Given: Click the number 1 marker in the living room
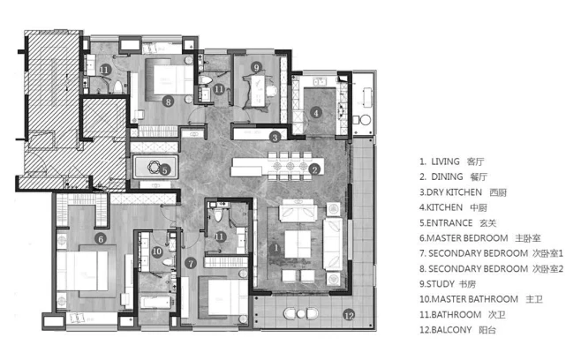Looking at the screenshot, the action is (x=275, y=248).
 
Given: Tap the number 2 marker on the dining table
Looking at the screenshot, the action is (x=314, y=169).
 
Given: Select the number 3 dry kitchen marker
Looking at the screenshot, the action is (x=275, y=138).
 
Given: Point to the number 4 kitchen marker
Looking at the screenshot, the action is (x=316, y=113).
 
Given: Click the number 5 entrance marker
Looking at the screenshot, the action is (x=165, y=170).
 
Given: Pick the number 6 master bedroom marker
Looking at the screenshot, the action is (x=101, y=239).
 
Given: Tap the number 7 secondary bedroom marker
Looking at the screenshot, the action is (x=191, y=263).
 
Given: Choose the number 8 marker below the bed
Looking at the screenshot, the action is (x=169, y=101).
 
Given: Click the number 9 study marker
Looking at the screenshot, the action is (x=256, y=67).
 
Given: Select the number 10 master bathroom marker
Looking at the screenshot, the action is (x=157, y=251).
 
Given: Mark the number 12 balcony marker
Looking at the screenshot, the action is (x=349, y=315).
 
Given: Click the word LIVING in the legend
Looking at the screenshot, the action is (x=445, y=161).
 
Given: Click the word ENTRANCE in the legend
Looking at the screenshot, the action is (x=449, y=223).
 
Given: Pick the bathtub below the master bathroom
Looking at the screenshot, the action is (x=155, y=302).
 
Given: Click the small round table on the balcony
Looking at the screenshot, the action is (x=301, y=314).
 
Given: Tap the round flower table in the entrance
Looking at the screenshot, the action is (x=154, y=168).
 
